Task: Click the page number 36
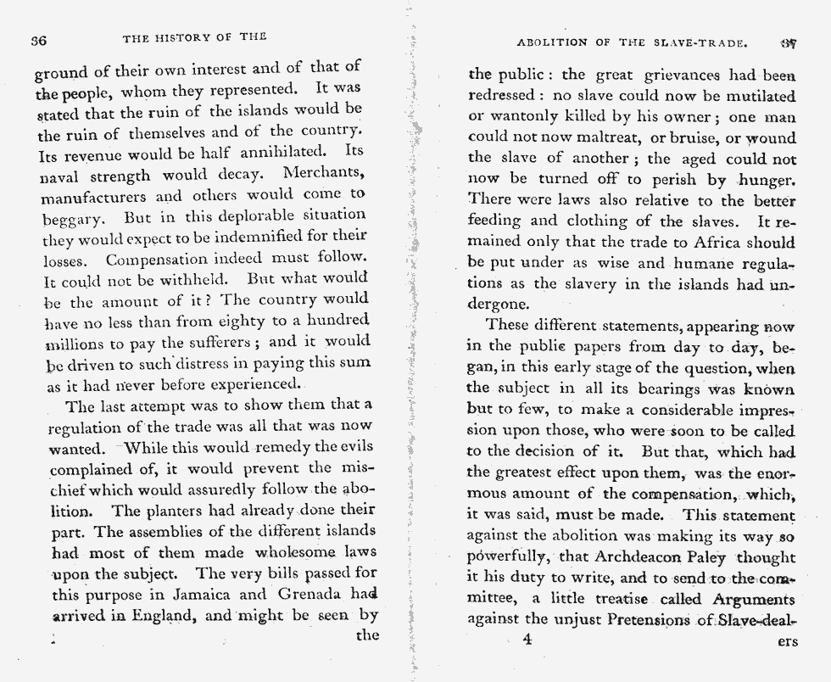point(37,39)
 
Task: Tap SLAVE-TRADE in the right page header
point(706,41)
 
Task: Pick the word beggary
point(71,218)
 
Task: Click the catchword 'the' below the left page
point(366,635)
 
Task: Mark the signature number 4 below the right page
point(527,640)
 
